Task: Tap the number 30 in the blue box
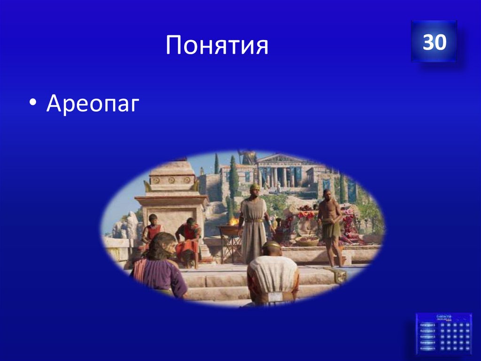434,42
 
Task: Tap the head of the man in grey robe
255,189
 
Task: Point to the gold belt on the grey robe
254,220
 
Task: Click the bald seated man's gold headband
271,245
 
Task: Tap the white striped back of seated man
272,273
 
